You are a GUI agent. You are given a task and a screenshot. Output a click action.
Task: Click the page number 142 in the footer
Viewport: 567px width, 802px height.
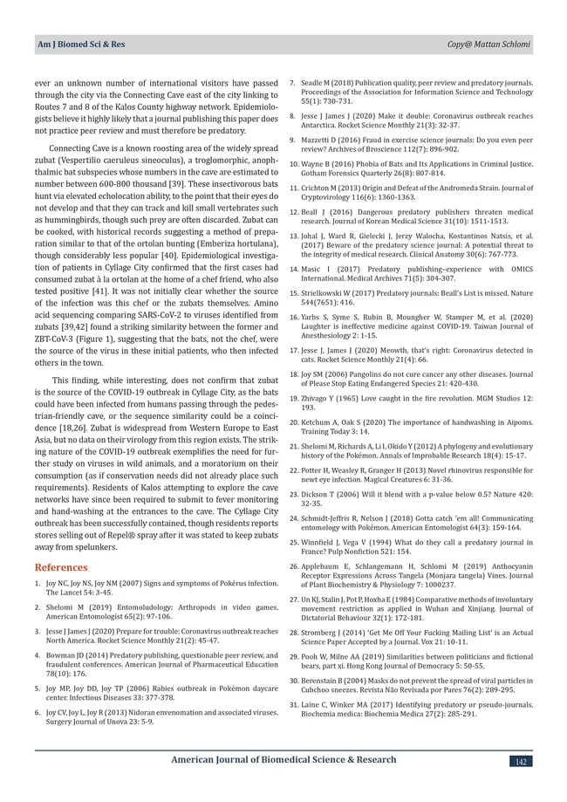coord(520,762)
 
